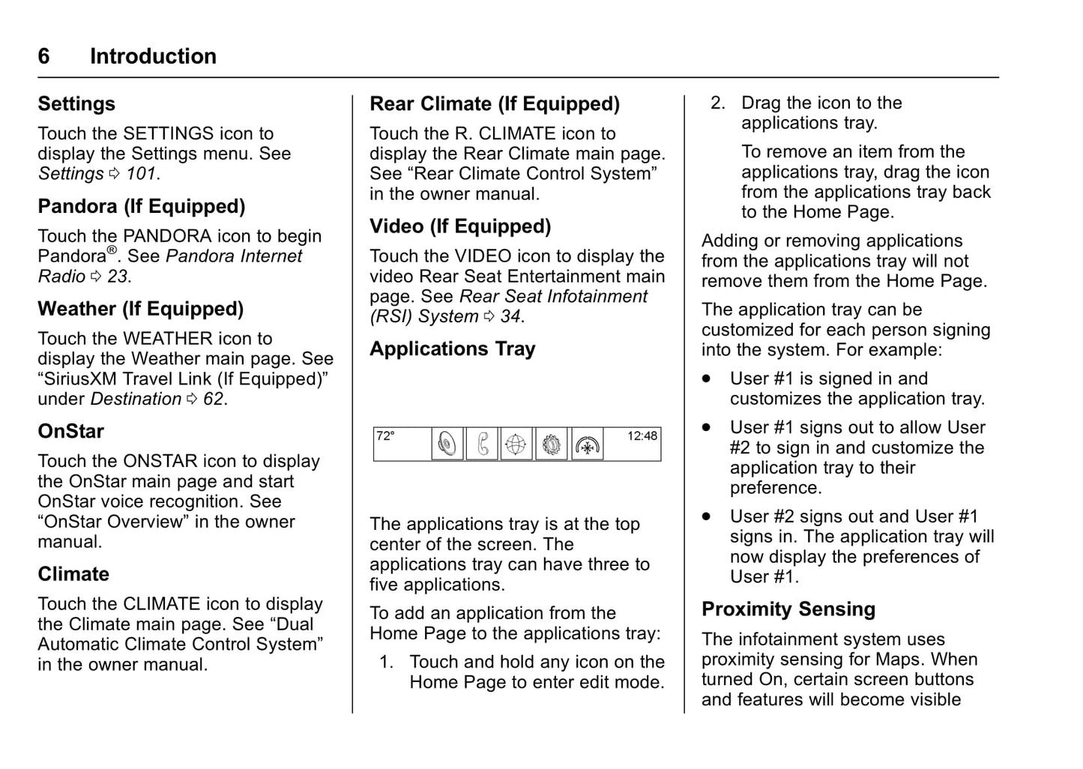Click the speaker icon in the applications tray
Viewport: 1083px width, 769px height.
tap(447, 444)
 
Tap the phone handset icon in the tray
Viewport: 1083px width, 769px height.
tap(482, 444)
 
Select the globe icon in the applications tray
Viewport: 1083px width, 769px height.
tap(516, 444)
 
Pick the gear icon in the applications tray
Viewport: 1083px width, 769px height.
tap(552, 444)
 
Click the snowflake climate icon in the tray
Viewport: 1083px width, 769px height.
tap(587, 445)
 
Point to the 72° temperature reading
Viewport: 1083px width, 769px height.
tap(385, 436)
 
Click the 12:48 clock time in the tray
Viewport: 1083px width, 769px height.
tap(642, 436)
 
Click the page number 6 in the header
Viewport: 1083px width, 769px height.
tap(44, 56)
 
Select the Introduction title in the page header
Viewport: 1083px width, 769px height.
tap(153, 56)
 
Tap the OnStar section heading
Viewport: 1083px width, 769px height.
tap(71, 432)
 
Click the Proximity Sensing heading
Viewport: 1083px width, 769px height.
tap(788, 609)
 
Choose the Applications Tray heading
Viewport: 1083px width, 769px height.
tap(453, 349)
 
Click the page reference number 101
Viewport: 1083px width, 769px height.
tap(141, 174)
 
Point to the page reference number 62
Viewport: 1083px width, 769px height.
tap(214, 399)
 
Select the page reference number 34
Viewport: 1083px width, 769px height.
tap(510, 317)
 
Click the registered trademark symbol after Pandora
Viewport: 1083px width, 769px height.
tap(112, 250)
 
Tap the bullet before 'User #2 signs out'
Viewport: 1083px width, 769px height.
tap(706, 516)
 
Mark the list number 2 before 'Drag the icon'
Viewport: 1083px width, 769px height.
tap(717, 103)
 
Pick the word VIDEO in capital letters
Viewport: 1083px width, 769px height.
tap(483, 256)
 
